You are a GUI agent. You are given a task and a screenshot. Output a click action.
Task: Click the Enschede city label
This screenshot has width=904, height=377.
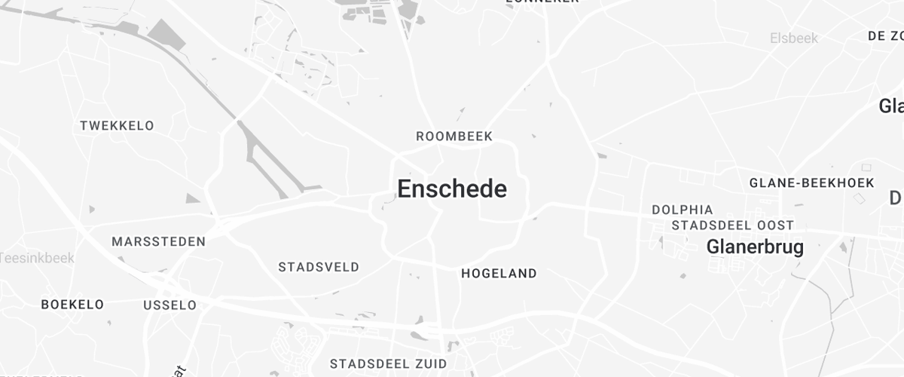pyautogui.click(x=452, y=189)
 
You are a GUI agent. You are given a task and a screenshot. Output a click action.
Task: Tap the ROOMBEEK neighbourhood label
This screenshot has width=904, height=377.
pyautogui.click(x=454, y=136)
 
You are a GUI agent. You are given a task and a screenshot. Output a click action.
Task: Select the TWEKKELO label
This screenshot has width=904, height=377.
pyautogui.click(x=117, y=126)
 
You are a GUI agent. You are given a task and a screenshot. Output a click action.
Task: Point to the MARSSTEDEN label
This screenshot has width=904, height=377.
pyautogui.click(x=158, y=242)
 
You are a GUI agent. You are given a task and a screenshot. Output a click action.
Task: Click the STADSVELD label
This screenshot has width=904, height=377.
pyautogui.click(x=319, y=267)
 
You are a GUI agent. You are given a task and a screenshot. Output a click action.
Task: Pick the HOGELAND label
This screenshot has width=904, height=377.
pyautogui.click(x=499, y=274)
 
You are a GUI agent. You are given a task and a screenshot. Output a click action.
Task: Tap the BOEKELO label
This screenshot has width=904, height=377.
pyautogui.click(x=72, y=305)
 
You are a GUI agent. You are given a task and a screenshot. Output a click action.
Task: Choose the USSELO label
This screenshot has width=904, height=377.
pyautogui.click(x=169, y=305)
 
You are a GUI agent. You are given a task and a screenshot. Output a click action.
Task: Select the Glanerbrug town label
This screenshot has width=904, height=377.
pyautogui.click(x=755, y=247)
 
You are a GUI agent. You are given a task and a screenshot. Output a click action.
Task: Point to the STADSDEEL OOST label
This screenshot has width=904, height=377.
pyautogui.click(x=732, y=225)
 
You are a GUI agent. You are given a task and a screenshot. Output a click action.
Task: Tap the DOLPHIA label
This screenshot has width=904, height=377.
pyautogui.click(x=682, y=210)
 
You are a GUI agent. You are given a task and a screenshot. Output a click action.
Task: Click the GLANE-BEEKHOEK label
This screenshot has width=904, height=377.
pyautogui.click(x=811, y=183)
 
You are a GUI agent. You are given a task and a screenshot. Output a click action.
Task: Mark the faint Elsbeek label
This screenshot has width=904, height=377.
pyautogui.click(x=794, y=38)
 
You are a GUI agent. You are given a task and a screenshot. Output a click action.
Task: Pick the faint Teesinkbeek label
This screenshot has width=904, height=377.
pyautogui.click(x=36, y=258)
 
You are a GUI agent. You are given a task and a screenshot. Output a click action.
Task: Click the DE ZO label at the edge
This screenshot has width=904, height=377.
pyautogui.click(x=885, y=35)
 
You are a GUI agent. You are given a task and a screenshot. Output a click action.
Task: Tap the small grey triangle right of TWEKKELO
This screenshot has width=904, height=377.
pyautogui.click(x=193, y=198)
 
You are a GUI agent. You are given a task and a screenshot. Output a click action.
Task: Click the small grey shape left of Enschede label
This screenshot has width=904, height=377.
pyautogui.click(x=389, y=199)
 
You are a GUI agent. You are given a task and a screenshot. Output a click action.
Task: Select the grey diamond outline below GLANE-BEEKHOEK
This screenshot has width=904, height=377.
pyautogui.click(x=860, y=198)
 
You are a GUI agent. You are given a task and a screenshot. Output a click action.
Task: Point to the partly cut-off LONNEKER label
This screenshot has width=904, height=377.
pyautogui.click(x=542, y=2)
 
